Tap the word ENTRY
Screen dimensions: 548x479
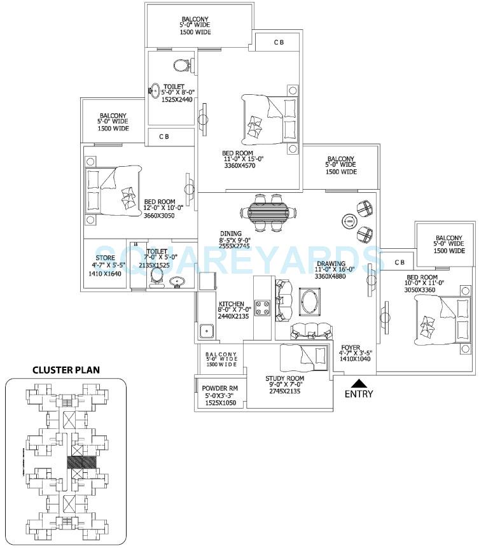tap(359, 395)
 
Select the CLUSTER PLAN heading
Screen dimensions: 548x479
tap(66, 370)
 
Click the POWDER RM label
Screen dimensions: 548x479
tap(219, 388)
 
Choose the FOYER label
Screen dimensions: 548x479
tap(351, 348)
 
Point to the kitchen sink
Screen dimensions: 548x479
tap(205, 331)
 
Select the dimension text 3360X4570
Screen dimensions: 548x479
tap(239, 167)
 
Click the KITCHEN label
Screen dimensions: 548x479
tap(228, 304)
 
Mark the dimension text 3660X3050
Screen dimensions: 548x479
tap(159, 216)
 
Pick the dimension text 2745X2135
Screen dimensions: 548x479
tap(283, 391)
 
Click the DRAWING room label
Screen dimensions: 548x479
tap(331, 263)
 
